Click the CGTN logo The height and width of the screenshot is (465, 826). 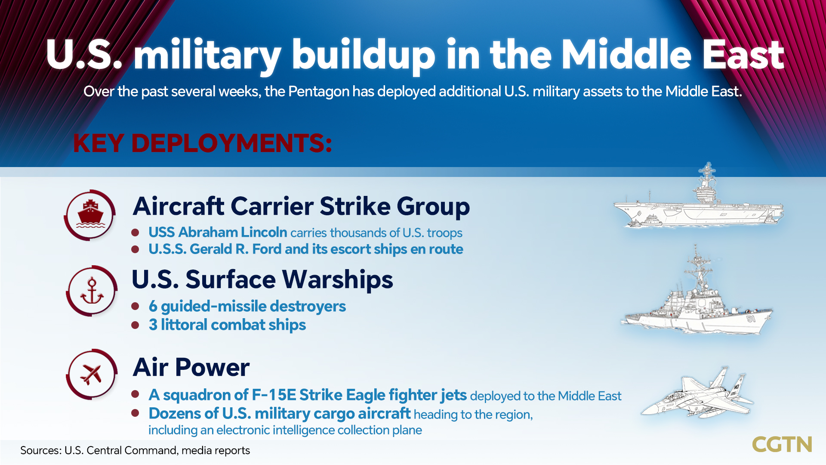tap(782, 444)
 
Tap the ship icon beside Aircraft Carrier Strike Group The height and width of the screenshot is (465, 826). tap(90, 214)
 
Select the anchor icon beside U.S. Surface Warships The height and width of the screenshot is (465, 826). tap(92, 291)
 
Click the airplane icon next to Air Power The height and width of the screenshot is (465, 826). tap(91, 374)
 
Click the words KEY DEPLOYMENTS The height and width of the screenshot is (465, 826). tap(202, 143)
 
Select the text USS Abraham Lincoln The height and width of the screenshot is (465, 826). tap(218, 232)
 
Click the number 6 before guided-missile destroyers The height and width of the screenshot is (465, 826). tap(153, 307)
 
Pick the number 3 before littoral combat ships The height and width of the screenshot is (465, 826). tap(153, 325)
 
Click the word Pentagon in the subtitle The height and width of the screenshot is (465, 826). tap(318, 92)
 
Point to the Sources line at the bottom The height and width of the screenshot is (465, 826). tap(135, 450)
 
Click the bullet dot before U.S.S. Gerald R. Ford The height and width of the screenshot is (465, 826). tap(135, 249)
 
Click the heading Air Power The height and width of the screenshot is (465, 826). tap(191, 367)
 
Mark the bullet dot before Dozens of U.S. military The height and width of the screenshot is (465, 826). tap(135, 413)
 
